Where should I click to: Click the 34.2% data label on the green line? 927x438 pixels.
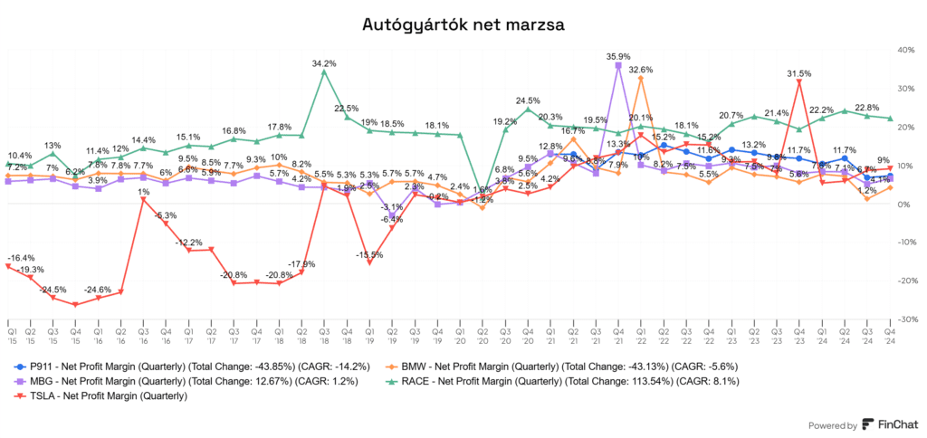coord(324,63)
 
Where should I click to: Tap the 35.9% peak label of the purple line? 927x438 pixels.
coord(618,56)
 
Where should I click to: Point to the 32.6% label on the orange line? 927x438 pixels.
coord(641,70)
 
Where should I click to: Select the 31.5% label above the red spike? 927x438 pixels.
coord(799,73)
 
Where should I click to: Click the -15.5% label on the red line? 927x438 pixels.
coord(369,255)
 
